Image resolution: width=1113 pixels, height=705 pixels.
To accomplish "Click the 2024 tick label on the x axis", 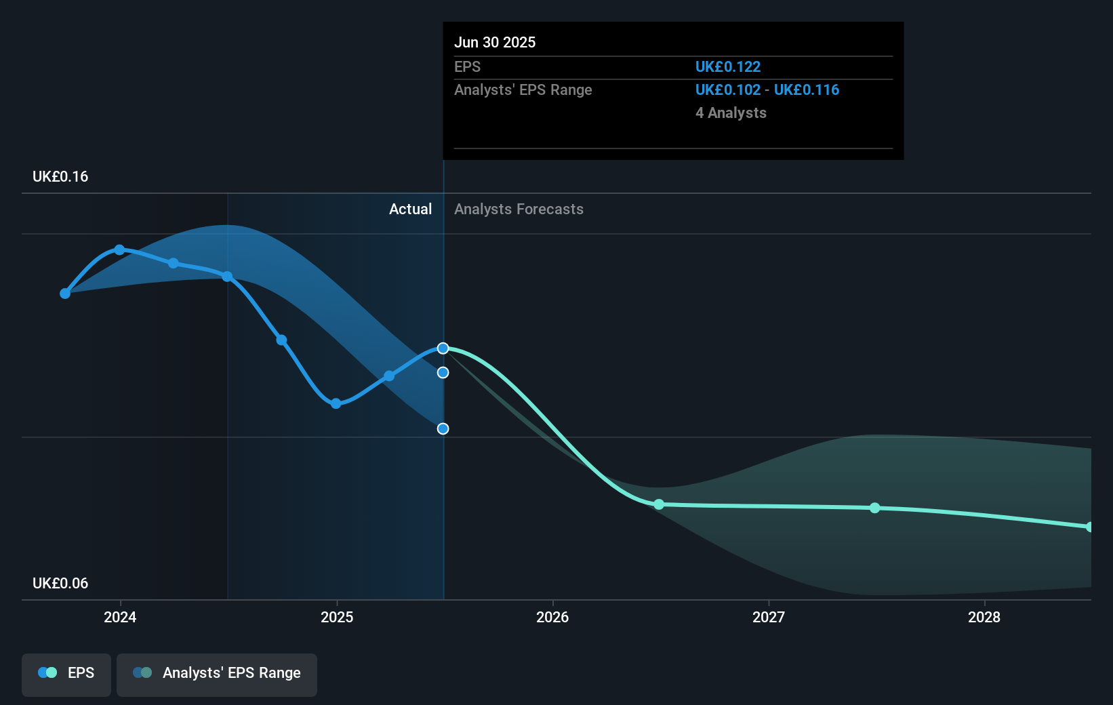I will click(x=120, y=617).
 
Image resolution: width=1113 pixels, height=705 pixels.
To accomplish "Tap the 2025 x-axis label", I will click(x=337, y=617).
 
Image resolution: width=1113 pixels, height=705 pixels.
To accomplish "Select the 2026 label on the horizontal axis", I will click(x=552, y=617).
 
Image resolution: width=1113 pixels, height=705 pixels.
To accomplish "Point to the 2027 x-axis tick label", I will click(x=769, y=617).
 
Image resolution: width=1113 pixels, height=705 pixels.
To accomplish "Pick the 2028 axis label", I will click(x=984, y=617).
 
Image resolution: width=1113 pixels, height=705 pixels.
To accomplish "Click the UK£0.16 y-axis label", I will click(x=60, y=177).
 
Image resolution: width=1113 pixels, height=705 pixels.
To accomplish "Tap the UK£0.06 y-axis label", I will click(x=60, y=584).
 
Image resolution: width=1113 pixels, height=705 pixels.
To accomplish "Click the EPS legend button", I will click(x=66, y=674).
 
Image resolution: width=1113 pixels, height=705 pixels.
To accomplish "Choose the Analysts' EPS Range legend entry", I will click(x=217, y=674).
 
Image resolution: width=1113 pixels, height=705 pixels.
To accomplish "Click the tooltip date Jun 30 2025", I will click(x=495, y=43).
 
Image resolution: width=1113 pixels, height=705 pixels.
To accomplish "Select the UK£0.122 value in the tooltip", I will click(x=728, y=67).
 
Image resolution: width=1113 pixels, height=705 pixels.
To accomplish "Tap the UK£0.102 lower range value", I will click(x=728, y=90).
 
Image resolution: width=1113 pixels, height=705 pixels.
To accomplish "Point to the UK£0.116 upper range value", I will click(x=807, y=90).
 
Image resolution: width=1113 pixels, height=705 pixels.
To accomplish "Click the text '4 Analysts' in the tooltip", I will click(x=731, y=113).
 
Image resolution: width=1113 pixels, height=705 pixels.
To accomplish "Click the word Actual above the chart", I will click(x=410, y=209).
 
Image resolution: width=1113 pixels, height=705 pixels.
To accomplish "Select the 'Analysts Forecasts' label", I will click(x=519, y=209).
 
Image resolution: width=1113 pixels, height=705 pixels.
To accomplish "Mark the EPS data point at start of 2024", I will click(x=120, y=250).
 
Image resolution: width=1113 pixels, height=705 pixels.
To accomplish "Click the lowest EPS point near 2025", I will click(x=336, y=403).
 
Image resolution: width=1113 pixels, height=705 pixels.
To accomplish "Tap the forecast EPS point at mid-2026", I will click(x=659, y=504).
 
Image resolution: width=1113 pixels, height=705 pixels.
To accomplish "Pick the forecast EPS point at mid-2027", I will click(x=875, y=508).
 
